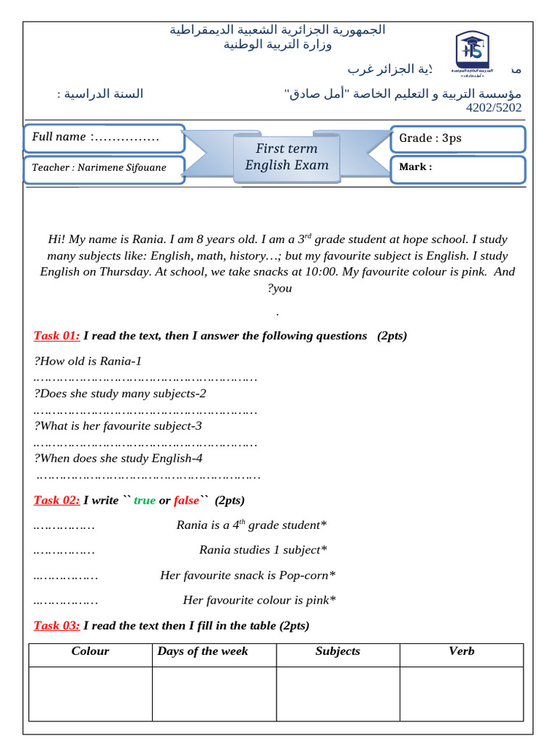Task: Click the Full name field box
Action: tap(104, 137)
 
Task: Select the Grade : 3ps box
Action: tap(457, 138)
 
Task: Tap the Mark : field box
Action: tap(457, 168)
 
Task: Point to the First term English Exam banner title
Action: tap(287, 156)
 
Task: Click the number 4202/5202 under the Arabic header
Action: tap(493, 108)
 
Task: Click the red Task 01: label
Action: tap(56, 336)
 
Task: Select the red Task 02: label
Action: tap(56, 501)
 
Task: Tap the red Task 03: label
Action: tap(56, 626)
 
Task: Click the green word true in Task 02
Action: tap(145, 501)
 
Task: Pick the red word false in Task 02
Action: tap(186, 501)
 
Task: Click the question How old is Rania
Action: tap(88, 361)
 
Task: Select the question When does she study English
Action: tap(118, 458)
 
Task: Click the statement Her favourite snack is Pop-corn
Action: tap(248, 575)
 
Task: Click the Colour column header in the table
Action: tap(90, 651)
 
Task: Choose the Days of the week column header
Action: tap(203, 651)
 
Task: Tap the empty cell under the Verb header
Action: tap(461, 693)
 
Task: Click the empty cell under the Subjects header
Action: tap(337, 693)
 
